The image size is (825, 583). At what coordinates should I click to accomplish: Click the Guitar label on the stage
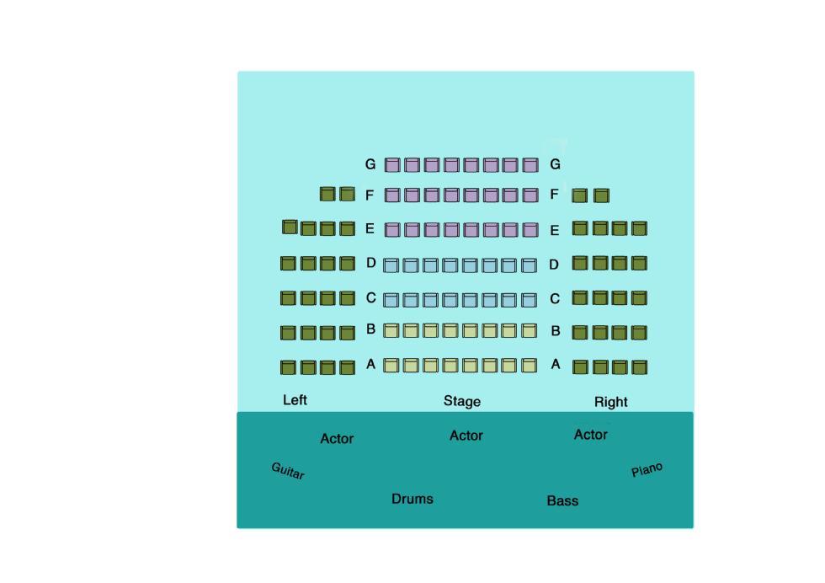[x=288, y=470]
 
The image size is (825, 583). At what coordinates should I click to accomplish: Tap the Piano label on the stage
[x=647, y=469]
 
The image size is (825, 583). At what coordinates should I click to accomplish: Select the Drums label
[x=412, y=499]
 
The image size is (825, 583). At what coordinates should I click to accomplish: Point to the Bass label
[x=562, y=500]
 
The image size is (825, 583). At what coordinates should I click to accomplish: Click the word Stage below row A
[x=462, y=401]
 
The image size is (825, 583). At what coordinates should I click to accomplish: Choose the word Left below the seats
[x=295, y=400]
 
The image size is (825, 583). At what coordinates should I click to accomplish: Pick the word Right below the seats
[x=611, y=402]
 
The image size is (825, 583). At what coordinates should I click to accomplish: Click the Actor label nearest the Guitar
[x=337, y=439]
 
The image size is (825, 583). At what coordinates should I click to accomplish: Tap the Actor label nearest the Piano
[x=590, y=435]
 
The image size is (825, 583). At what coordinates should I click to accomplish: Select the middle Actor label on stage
[x=466, y=436]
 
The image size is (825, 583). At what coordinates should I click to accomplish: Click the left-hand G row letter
[x=370, y=164]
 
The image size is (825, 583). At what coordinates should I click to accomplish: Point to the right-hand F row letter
[x=554, y=195]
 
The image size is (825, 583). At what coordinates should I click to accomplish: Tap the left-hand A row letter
[x=371, y=364]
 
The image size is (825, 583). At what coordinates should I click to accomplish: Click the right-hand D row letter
[x=554, y=265]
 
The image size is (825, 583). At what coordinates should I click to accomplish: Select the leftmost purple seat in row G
[x=392, y=165]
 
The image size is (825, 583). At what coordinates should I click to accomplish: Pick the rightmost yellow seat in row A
[x=529, y=365]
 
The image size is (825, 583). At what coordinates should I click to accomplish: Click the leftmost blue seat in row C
[x=391, y=300]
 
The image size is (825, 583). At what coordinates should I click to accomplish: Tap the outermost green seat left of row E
[x=290, y=227]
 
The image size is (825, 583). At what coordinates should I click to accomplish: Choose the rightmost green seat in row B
[x=639, y=332]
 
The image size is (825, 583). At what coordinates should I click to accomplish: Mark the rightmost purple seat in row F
[x=530, y=195]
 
